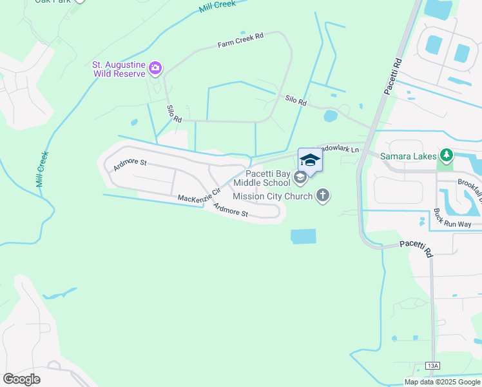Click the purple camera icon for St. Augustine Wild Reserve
tap(155, 67)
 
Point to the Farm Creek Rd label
tap(240, 40)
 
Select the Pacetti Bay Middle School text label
tap(267, 177)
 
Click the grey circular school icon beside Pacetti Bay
tap(300, 177)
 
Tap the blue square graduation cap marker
tap(310, 160)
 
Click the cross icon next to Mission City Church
tap(323, 195)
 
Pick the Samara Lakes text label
tap(409, 155)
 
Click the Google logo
tap(21, 379)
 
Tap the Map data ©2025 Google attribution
tap(442, 382)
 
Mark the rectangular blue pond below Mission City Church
tap(304, 236)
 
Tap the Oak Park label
tap(54, 2)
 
